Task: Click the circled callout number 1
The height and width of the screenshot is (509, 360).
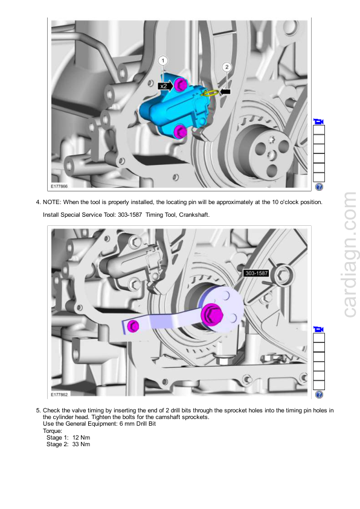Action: coord(163,60)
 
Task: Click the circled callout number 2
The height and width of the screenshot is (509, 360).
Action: coord(227,67)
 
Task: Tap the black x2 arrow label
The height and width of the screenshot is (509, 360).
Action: coord(166,86)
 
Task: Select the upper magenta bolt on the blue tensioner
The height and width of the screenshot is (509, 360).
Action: coord(180,85)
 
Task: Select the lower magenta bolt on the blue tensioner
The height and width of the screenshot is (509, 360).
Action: coord(179,132)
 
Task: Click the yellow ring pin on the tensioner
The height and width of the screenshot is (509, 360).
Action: coord(210,93)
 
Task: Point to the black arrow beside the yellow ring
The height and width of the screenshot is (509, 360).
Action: coord(225,92)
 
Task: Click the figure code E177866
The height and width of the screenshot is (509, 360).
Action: coord(59,187)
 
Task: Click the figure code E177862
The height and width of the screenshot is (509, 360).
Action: coord(59,394)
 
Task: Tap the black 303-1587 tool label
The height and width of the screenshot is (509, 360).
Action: coord(257,273)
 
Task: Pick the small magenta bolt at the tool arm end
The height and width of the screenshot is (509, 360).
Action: coord(133,325)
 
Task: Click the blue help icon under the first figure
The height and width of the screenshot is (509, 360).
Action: coord(319,187)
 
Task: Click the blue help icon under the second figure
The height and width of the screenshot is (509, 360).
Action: coord(319,394)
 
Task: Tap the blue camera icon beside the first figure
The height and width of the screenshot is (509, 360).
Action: coord(319,121)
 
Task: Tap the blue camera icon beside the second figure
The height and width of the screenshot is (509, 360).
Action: coord(319,329)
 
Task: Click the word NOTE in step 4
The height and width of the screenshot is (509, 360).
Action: coord(51,202)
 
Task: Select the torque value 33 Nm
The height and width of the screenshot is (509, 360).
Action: coord(81,444)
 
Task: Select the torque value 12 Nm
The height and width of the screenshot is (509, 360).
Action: coord(81,437)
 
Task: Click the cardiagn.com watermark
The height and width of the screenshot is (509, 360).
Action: coord(350,255)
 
